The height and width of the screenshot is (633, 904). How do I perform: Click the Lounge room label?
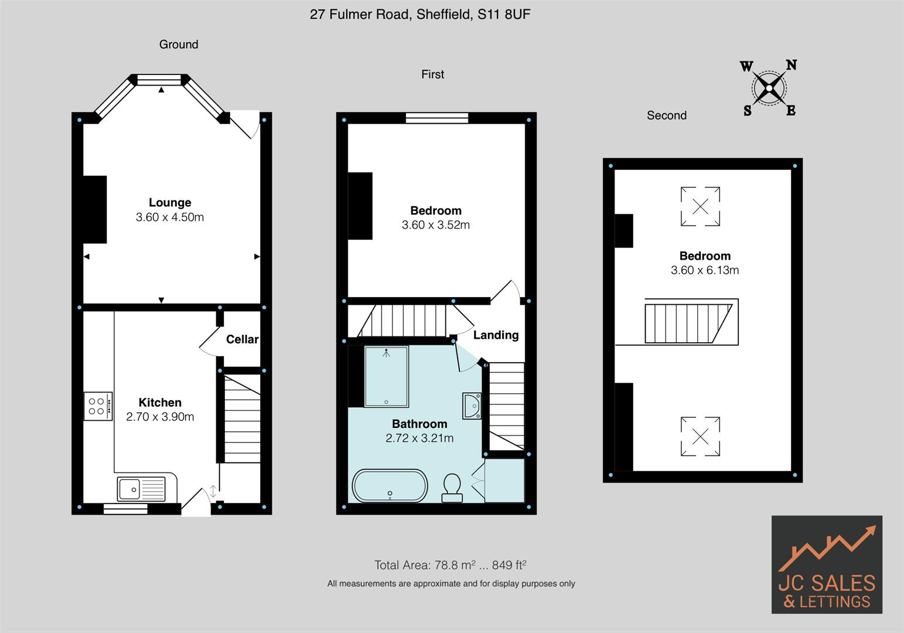170,203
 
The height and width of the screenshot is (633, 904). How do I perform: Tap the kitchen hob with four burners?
97,406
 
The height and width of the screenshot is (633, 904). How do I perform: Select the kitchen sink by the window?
141,489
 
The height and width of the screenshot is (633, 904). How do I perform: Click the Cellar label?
242,339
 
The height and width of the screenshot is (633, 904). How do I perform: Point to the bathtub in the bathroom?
390,486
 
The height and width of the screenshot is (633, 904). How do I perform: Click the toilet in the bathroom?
452,488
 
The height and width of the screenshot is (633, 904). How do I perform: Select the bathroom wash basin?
472,406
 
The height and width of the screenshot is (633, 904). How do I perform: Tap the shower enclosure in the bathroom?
386,377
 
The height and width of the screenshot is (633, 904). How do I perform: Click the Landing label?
496,335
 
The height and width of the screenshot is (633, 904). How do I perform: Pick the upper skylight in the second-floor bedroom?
700,206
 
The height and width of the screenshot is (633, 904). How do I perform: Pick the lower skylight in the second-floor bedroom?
700,436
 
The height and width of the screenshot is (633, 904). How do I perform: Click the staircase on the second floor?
688,322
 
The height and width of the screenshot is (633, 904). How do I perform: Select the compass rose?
769,88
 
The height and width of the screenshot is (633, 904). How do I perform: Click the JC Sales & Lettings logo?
827,564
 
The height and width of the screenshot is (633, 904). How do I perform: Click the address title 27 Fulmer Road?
420,15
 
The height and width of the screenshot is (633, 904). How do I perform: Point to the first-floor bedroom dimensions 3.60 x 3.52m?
435,225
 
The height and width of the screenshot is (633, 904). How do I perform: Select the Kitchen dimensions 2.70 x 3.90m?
160,417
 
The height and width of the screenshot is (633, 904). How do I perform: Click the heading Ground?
179,45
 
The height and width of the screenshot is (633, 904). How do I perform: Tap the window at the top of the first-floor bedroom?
437,118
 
